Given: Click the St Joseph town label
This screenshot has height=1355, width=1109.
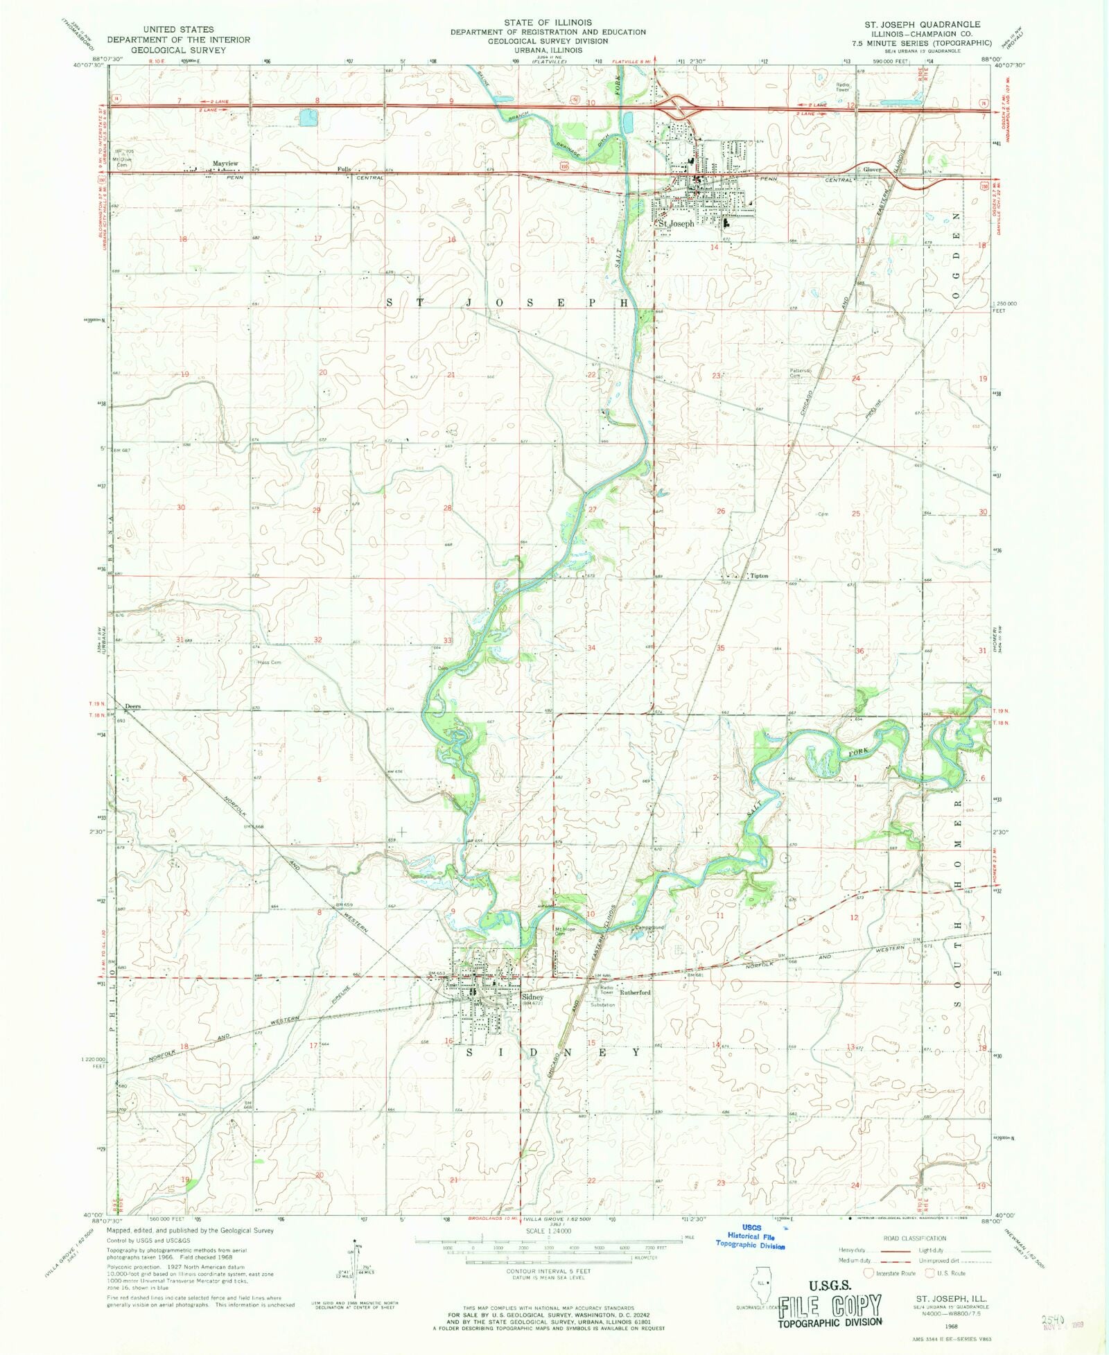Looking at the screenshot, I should coord(676,224).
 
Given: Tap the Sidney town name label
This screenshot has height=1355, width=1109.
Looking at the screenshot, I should coord(532,997).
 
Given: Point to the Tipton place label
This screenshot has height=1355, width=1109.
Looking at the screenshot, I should coord(759,576).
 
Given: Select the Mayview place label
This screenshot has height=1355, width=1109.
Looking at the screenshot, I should coord(225,164).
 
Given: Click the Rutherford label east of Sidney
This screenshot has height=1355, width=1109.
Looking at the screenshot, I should coord(635,993).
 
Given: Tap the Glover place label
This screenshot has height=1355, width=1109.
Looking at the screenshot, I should coord(871,170).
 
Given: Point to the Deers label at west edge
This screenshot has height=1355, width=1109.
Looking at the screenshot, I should coord(132,706).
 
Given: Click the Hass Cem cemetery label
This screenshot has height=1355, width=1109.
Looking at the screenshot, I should coord(269,663).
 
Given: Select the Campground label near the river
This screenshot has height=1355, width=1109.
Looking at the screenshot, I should coord(649,927).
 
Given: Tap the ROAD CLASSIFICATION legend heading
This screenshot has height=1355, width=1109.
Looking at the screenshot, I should coord(914,1238).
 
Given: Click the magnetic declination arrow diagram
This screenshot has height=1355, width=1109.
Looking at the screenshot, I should coord(356,1268).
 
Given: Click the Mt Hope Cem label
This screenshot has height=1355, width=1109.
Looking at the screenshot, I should coord(564,932).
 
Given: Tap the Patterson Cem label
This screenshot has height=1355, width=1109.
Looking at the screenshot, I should coord(800,373).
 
